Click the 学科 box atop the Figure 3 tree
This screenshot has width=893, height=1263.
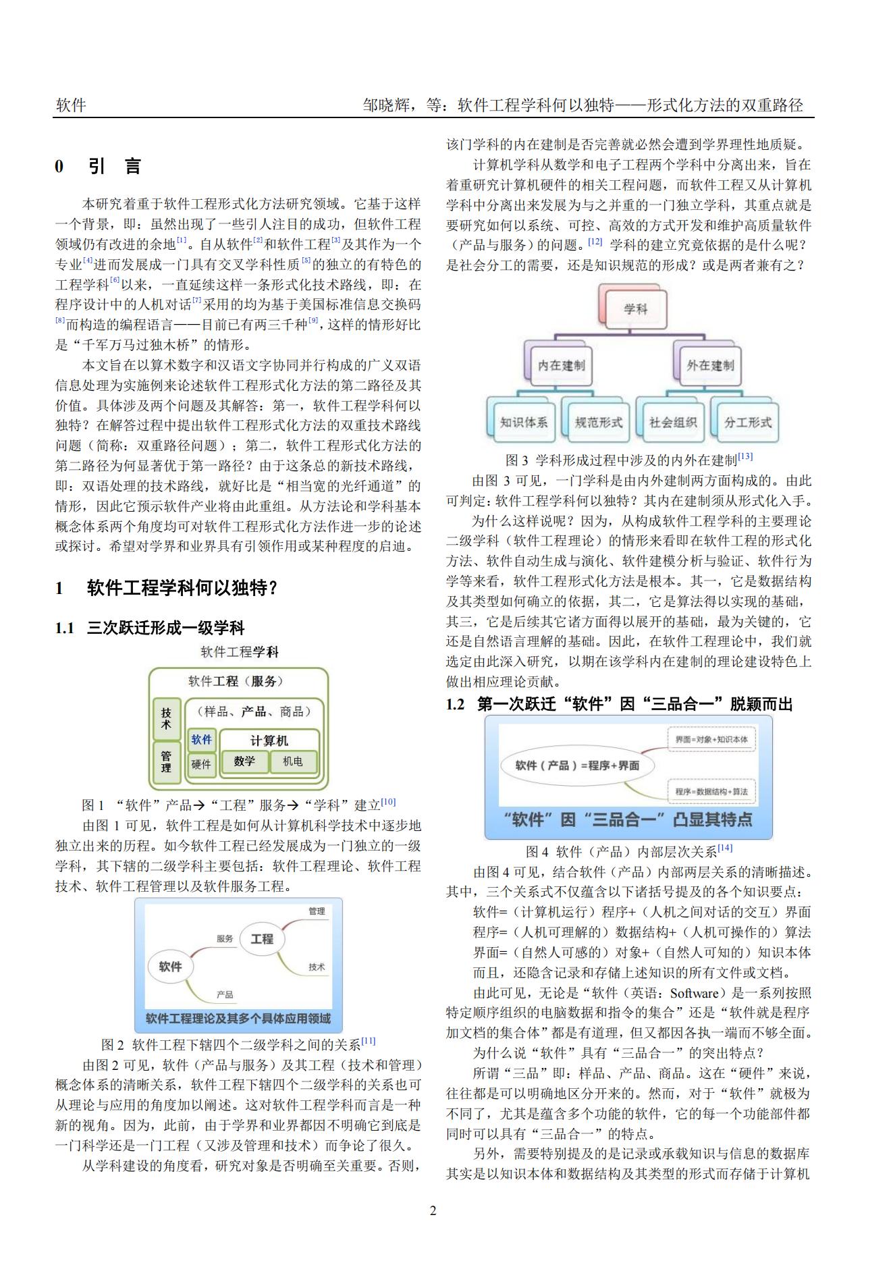(635, 308)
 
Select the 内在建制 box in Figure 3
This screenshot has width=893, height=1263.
(561, 365)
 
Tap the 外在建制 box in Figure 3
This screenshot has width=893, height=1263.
(709, 365)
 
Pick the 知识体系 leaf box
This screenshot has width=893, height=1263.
(523, 422)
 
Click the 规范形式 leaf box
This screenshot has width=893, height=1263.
(598, 422)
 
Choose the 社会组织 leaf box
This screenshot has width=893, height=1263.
(672, 422)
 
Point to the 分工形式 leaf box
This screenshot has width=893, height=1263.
(747, 422)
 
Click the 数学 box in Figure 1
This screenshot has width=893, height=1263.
(244, 761)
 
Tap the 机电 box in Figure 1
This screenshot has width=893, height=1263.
(292, 761)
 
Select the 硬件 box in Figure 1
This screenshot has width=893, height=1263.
(201, 764)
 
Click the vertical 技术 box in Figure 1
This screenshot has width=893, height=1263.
(167, 718)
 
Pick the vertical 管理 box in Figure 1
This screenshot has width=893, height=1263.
(167, 762)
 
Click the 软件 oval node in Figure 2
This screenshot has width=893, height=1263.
(170, 967)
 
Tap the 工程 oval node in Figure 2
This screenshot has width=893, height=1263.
(262, 938)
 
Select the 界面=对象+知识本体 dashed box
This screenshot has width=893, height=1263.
(711, 739)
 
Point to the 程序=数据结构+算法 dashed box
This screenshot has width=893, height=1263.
(711, 791)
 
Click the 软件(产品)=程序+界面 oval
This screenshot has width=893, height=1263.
(577, 765)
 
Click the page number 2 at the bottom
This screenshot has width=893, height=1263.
(433, 1210)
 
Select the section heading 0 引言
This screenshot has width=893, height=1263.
(99, 166)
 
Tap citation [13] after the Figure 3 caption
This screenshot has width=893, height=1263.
(745, 457)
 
